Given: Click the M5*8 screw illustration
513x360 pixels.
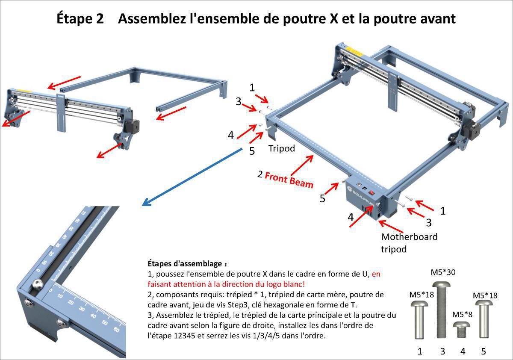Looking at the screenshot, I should pos(462,330).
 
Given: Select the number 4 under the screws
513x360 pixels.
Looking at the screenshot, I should pos(463,351).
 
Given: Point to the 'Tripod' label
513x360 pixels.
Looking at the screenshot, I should pos(282,148).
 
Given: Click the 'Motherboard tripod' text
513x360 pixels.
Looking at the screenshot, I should pos(409,242).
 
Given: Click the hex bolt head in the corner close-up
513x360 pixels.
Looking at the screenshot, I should pos(38,284).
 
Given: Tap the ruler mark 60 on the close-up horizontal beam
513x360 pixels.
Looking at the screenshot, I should pos(116,330).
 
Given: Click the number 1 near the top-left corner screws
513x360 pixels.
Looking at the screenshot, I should pos(252,88).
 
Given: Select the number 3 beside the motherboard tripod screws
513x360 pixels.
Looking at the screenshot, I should pos(429,222).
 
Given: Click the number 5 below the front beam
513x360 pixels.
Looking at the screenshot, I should pos(323,198).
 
